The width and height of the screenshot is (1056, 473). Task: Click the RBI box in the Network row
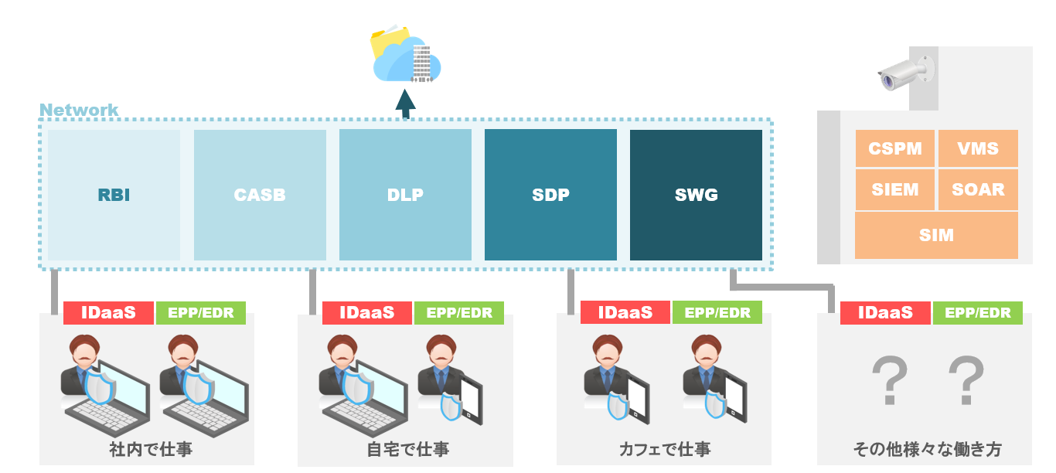pos(114,195)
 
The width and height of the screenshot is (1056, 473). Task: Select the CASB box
pos(260,195)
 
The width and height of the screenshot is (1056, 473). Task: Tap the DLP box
pos(405,195)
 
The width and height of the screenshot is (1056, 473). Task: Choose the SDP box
pos(550,195)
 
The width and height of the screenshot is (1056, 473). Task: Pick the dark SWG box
pos(696,195)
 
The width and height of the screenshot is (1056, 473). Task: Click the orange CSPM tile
pos(894,148)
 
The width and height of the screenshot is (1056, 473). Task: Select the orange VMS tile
pos(978,148)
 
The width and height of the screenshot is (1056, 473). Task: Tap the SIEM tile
pos(894,189)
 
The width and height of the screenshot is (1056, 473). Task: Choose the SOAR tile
pos(978,189)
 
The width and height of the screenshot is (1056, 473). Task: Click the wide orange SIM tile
pos(936,235)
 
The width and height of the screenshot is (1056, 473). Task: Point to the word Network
pos(79,110)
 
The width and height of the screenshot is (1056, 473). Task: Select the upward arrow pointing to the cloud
pos(405,103)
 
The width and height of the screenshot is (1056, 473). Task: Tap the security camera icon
pos(904,74)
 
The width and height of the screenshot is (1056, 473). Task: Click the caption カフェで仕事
pos(664,449)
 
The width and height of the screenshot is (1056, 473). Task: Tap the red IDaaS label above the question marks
pos(885,312)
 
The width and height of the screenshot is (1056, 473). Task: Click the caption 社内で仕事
pos(150,449)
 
